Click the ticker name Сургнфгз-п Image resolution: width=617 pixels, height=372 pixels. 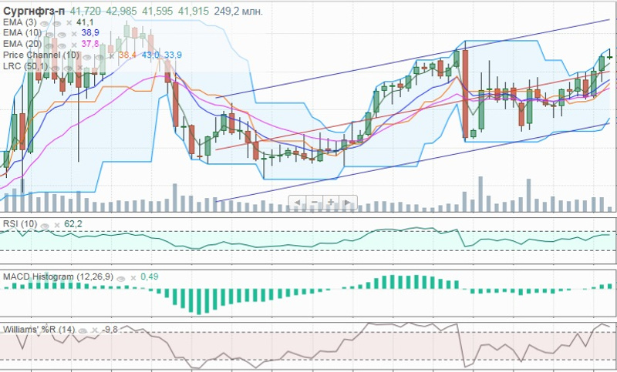(x=34, y=12)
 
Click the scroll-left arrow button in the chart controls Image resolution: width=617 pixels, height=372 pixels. (x=297, y=202)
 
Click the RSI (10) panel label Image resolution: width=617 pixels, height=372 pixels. (x=20, y=223)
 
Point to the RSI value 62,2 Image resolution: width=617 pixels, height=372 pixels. (x=74, y=223)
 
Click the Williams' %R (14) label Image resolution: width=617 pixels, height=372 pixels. (x=38, y=329)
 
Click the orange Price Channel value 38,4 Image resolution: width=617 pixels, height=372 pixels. (x=127, y=55)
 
